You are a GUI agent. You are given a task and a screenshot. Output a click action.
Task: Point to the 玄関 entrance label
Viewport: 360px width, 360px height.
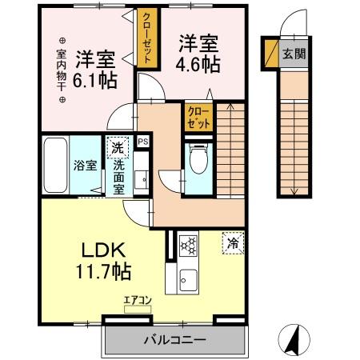click(x=292, y=54)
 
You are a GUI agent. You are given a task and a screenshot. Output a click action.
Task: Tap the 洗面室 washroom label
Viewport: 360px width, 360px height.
click(x=118, y=172)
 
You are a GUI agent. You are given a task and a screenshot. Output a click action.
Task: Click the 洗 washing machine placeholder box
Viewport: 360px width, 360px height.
click(x=117, y=148)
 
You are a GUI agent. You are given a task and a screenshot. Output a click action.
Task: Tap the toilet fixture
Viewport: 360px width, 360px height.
click(x=198, y=158)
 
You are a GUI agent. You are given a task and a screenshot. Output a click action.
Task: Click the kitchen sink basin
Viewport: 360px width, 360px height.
click(x=189, y=280)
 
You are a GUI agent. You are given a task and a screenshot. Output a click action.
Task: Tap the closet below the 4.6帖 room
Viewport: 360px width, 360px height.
click(x=199, y=118)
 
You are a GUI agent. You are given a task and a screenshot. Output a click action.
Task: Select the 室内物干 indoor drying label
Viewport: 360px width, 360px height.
click(x=62, y=70)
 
